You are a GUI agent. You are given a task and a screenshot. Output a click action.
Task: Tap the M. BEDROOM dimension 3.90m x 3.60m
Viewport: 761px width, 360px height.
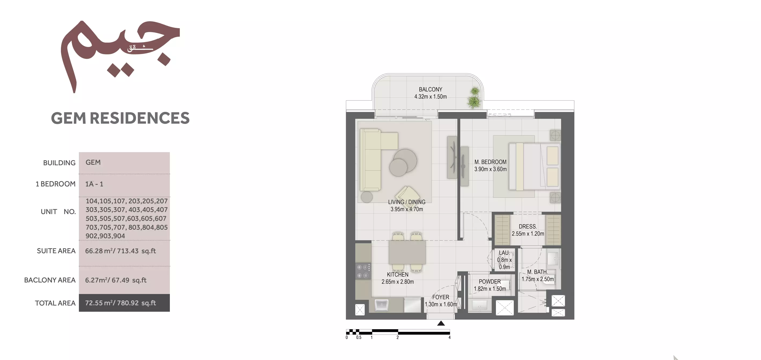pos(491,169)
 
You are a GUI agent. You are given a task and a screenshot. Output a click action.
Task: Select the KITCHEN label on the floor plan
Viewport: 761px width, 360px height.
pos(398,275)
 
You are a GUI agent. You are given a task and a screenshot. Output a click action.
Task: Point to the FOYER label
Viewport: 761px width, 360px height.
pos(440,297)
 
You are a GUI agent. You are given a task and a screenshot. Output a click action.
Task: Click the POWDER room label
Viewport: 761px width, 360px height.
pos(490,282)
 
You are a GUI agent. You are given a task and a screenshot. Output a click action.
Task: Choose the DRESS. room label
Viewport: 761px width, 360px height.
pos(528,226)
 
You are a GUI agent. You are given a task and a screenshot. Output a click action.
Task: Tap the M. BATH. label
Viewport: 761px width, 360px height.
pos(537,272)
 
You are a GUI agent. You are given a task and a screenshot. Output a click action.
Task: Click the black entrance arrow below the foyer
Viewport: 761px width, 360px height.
pos(441,323)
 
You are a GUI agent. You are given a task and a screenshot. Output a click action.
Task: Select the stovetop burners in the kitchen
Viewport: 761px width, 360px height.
pos(363,271)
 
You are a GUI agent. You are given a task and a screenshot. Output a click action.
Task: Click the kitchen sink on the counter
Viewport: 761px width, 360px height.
pos(381,305)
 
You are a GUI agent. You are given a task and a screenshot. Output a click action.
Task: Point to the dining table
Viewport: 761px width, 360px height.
pos(407,252)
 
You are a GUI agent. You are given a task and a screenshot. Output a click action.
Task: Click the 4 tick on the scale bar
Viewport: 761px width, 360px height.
pos(449,337)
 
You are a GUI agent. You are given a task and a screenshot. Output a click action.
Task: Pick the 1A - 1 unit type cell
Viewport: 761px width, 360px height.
pos(94,184)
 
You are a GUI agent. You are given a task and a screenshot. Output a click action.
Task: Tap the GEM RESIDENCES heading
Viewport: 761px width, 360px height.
pos(120,118)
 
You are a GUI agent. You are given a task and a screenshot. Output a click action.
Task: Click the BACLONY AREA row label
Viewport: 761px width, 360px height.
pos(50,280)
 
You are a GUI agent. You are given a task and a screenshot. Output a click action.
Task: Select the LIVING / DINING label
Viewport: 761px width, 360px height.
pos(407,202)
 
